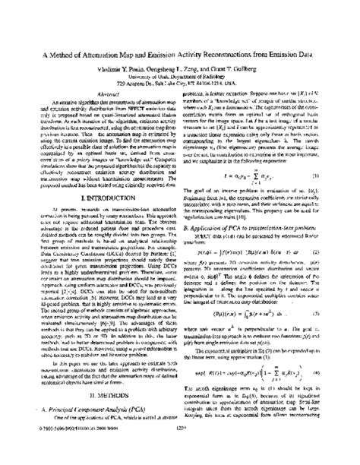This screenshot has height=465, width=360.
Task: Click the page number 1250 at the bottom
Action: coord(180,449)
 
